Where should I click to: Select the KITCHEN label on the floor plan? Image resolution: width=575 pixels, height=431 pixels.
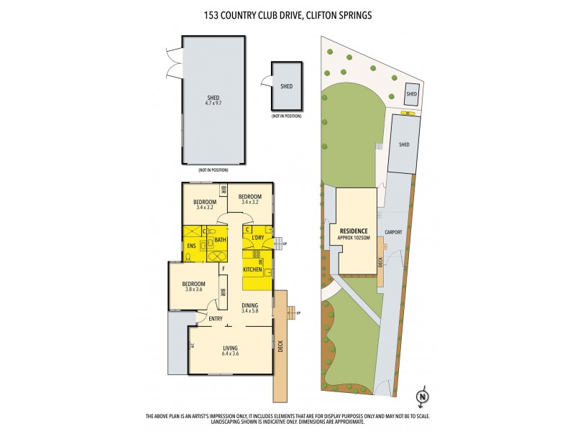(x=252, y=269)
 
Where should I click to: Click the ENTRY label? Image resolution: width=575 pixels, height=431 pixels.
(x=216, y=318)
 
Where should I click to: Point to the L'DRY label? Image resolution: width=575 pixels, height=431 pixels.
(x=259, y=238)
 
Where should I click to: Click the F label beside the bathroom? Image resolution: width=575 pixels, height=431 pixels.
(x=224, y=268)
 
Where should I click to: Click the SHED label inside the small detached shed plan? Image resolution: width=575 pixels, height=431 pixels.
(x=286, y=86)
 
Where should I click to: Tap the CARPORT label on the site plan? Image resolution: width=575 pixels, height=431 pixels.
(x=393, y=232)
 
